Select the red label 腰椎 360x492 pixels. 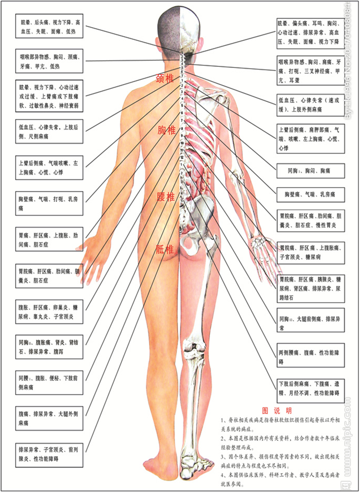click(165, 197)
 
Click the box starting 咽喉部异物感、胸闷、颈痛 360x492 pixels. click(49, 61)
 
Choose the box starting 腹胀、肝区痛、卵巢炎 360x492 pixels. click(49, 311)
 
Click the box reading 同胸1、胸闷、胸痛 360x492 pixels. click(310, 170)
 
